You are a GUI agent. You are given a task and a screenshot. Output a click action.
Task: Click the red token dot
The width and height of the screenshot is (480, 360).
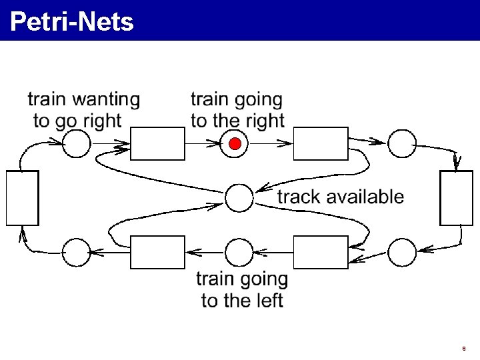pos(235,143)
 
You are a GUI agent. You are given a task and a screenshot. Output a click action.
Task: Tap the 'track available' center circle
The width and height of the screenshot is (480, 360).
pos(239,197)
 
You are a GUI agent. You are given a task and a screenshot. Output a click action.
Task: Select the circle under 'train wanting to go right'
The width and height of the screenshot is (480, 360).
pos(76,143)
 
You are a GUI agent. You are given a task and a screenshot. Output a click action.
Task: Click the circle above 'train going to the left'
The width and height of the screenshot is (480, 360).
pos(239,252)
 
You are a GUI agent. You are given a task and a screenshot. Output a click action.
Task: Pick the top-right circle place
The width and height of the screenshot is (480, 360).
pos(402,143)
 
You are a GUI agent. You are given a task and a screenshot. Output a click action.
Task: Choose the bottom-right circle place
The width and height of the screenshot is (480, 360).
pos(402,252)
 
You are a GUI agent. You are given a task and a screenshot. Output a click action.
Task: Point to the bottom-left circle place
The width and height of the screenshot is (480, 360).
pos(76,252)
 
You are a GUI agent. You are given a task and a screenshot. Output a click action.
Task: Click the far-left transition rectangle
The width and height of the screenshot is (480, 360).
pos(22,197)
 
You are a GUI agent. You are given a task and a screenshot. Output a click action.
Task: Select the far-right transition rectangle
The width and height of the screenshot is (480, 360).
pos(457,197)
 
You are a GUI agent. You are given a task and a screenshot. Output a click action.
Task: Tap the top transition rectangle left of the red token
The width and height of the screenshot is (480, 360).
pos(157,143)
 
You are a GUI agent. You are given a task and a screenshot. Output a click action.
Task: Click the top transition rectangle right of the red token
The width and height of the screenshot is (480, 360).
pos(321,143)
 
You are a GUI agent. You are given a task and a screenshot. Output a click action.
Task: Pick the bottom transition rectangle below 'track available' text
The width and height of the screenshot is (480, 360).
pos(321,252)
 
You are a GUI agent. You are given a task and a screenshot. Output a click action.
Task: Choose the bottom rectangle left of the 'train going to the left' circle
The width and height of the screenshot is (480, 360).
pos(157,252)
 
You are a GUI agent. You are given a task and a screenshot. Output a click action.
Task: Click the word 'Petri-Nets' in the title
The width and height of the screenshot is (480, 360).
pos(72,21)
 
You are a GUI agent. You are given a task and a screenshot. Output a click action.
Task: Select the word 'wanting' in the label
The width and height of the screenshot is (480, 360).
pos(106,100)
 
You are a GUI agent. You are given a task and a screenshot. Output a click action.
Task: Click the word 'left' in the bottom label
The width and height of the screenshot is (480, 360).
pos(269,301)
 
